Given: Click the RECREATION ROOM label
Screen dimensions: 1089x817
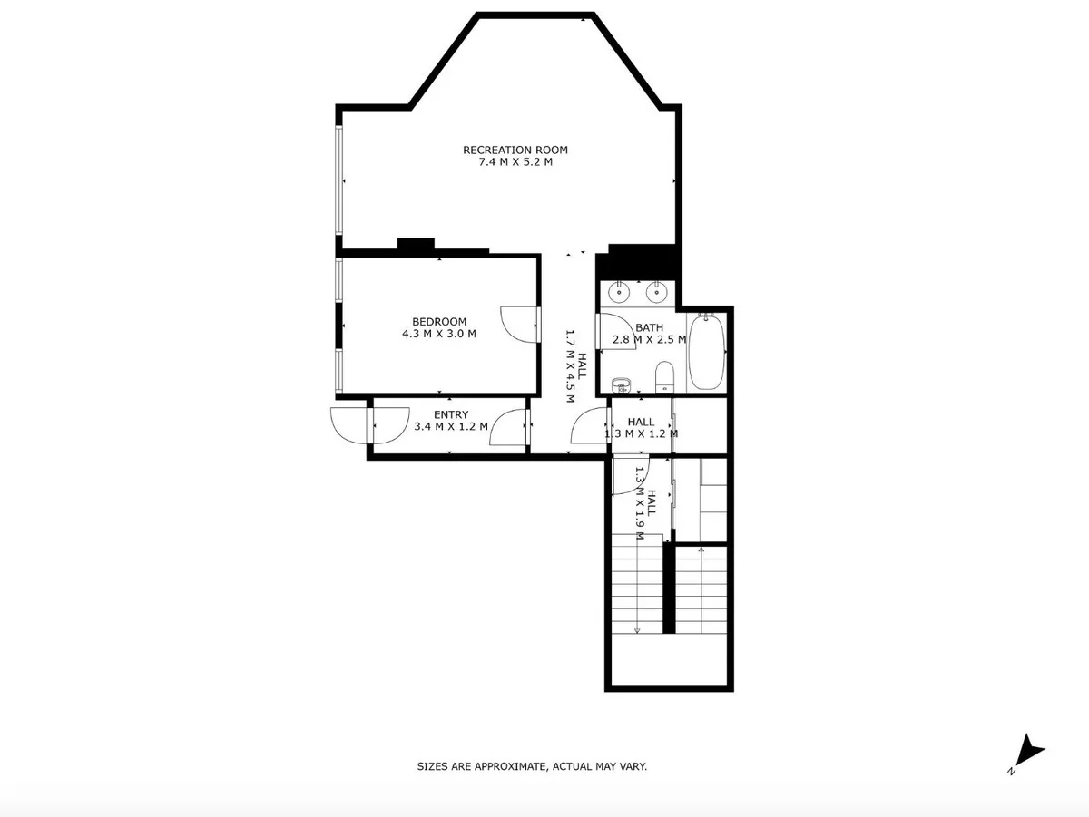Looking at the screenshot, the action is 515,150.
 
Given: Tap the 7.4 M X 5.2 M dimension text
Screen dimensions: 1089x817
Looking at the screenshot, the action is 515,162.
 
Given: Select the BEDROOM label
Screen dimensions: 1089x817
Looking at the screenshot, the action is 439,322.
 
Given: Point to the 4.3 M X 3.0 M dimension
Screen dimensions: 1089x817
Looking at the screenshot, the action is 439,334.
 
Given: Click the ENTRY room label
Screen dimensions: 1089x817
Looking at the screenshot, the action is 451,415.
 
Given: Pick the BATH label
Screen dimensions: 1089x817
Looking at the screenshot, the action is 649,327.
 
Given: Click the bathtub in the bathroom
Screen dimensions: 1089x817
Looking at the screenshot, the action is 707,352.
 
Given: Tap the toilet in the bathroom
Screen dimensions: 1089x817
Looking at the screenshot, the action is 664,376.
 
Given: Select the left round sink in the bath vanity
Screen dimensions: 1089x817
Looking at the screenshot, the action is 619,292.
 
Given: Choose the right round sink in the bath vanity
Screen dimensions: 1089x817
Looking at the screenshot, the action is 656,292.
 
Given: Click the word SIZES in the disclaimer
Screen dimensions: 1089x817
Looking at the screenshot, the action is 433,766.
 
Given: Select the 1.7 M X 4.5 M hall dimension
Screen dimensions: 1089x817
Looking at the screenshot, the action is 576,365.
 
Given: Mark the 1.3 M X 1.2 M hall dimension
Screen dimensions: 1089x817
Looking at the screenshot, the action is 641,433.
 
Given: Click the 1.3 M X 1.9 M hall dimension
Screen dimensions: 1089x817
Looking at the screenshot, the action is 645,503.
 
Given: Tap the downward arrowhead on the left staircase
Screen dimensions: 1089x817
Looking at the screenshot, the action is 637,630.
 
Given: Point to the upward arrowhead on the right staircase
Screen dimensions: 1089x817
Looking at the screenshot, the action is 701,550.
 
